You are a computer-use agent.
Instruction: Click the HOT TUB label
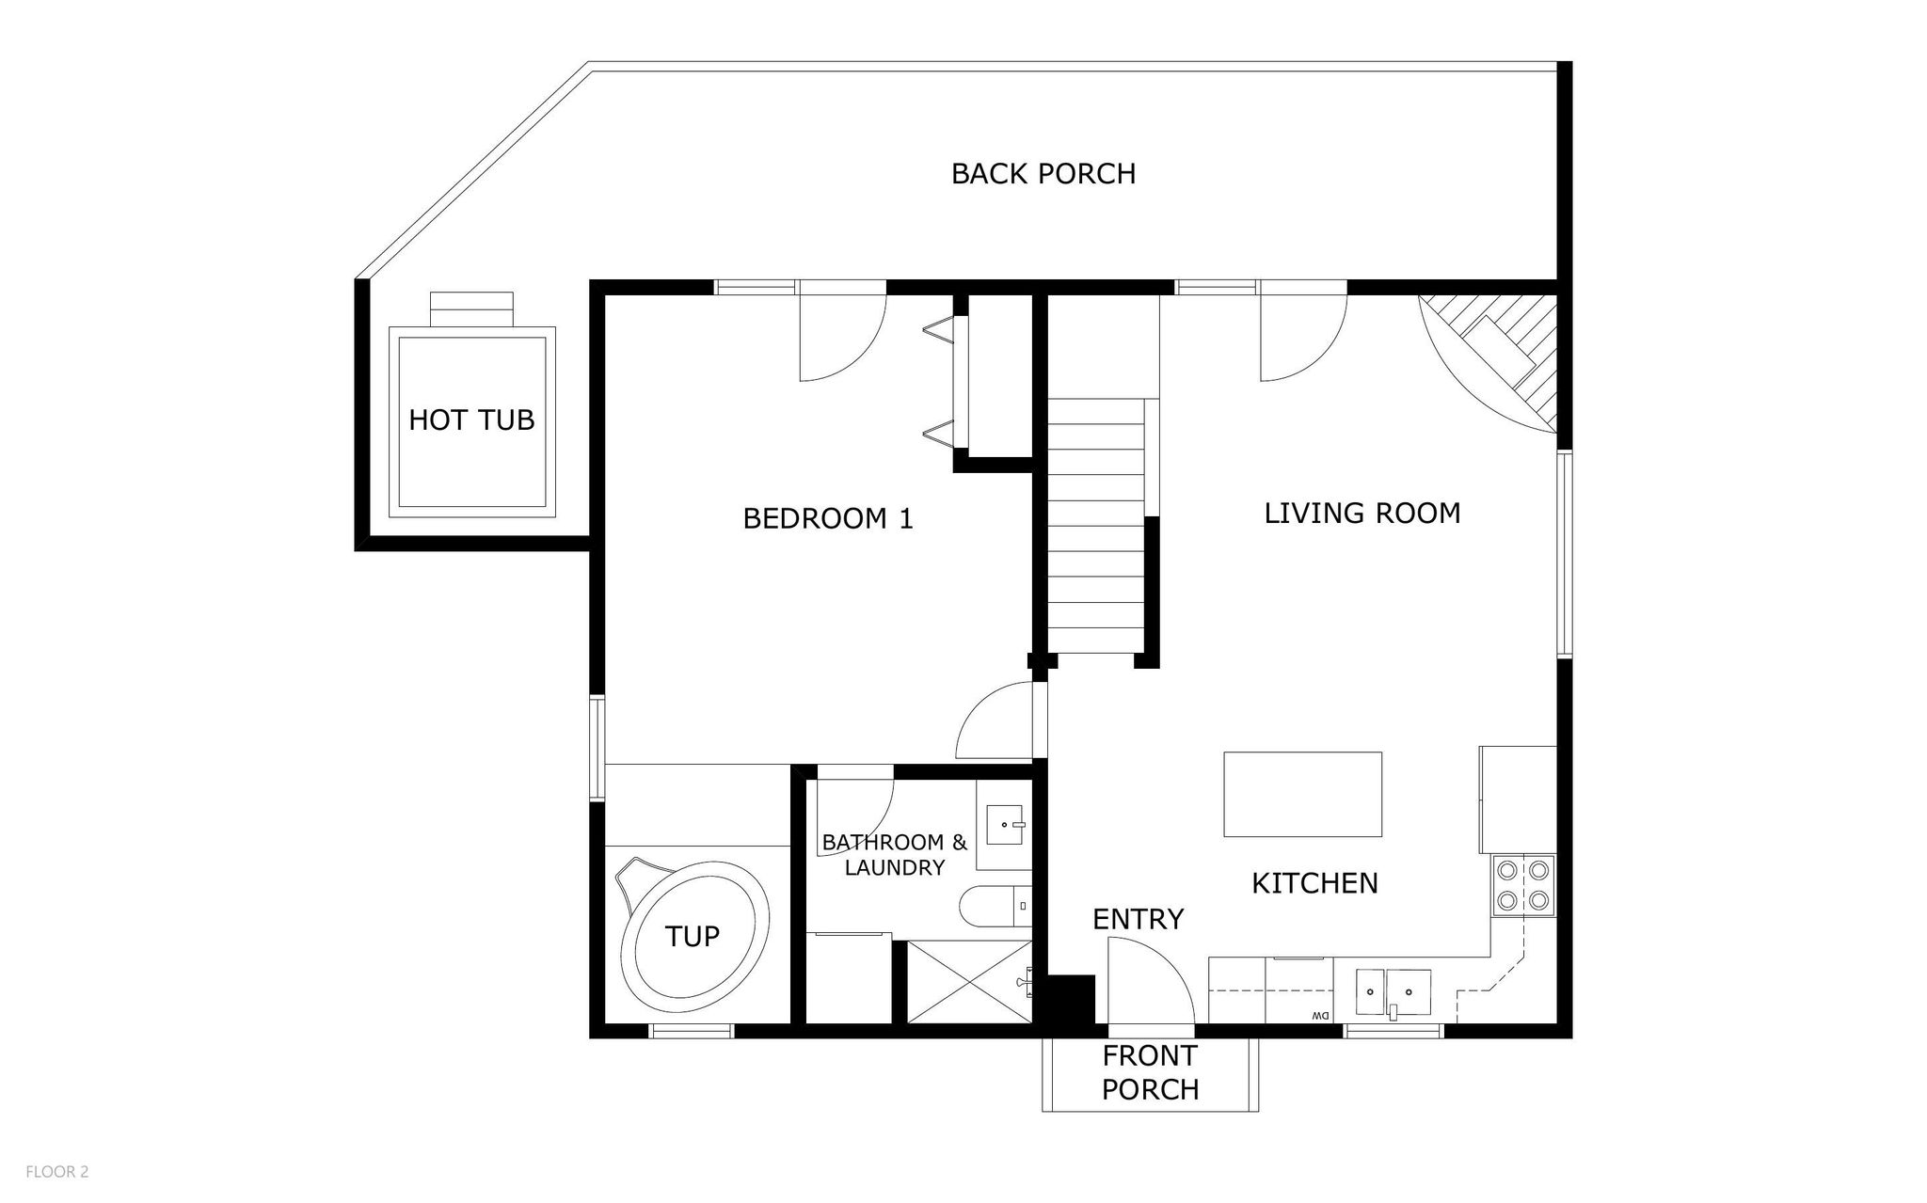coord(471,419)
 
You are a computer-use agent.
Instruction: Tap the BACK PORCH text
coord(1043,174)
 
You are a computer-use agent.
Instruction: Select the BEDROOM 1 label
coord(828,518)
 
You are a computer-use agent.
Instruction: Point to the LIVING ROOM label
coord(1362,514)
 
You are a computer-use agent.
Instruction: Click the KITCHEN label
coord(1314,883)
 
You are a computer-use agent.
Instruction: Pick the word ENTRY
coord(1138,919)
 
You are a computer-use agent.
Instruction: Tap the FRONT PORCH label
coord(1150,1072)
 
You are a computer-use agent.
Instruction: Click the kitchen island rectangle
coord(1302,794)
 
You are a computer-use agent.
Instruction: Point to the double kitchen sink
coord(1393,993)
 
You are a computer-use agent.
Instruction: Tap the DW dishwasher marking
coord(1318,1016)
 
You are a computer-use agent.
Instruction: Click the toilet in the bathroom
coord(996,908)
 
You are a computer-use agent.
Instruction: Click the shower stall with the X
coord(969,982)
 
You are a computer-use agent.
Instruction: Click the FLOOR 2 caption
coord(56,1172)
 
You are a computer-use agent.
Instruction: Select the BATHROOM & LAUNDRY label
coord(894,855)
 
